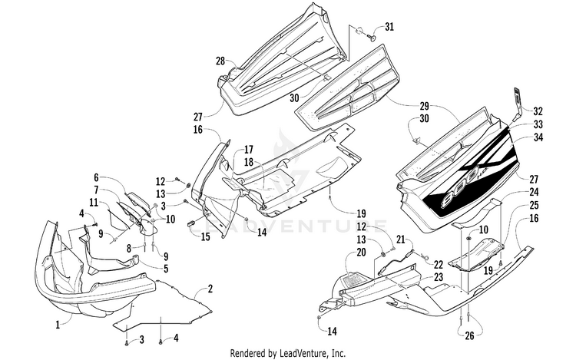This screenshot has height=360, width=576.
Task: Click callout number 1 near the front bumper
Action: pos(58,325)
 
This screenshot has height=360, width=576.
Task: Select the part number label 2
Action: pos(210,289)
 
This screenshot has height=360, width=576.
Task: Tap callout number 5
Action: pos(166,269)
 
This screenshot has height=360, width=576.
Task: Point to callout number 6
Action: pos(96,177)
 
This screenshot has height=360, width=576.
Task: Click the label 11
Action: pos(94,202)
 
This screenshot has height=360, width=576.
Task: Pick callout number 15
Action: pos(205,236)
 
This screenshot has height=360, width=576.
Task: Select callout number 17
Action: pos(249,150)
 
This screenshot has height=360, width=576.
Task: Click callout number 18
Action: pos(249,162)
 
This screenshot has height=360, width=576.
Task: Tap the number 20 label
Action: pos(362,252)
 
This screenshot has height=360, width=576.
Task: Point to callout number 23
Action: pos(439,276)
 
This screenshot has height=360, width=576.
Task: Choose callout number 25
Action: pos(534,205)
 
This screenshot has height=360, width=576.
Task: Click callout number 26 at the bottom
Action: pos(469,335)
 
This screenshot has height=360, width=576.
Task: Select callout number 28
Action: pos(220,61)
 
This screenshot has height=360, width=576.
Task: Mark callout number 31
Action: pos(389,27)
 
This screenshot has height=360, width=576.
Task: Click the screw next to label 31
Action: pos(371,37)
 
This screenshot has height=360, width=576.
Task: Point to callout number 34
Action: pos(538,137)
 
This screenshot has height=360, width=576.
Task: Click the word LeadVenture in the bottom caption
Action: pos(303,353)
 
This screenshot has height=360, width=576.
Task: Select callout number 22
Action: pos(439,264)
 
